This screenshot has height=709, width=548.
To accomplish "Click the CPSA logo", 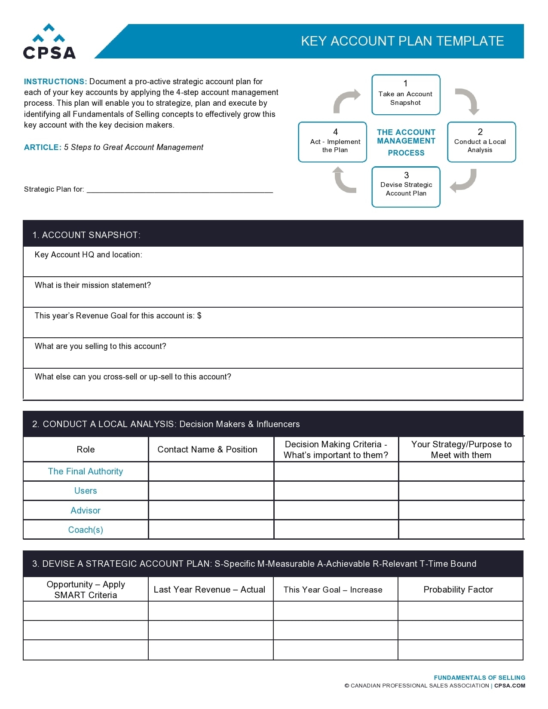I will pyautogui.click(x=49, y=42).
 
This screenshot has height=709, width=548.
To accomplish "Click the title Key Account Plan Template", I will pyautogui.click(x=402, y=41).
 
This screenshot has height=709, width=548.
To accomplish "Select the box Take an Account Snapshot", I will pyautogui.click(x=406, y=95).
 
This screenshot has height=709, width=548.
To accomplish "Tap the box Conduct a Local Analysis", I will pyautogui.click(x=481, y=142).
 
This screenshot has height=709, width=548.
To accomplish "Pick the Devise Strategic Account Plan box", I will pyautogui.click(x=406, y=187).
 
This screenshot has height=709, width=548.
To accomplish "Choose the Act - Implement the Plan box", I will pyautogui.click(x=332, y=142).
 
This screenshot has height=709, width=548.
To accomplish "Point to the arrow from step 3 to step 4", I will pyautogui.click(x=344, y=180).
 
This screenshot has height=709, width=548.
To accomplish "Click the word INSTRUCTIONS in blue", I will pyautogui.click(x=55, y=82).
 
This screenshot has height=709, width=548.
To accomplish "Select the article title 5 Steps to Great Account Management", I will pyautogui.click(x=134, y=147).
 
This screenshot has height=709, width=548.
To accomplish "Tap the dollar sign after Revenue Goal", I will pyautogui.click(x=199, y=316).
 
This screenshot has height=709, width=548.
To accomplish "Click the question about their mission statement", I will pyautogui.click(x=93, y=285).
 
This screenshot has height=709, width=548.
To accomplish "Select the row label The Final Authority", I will pyautogui.click(x=86, y=471).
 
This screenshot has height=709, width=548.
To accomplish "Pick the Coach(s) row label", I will pyautogui.click(x=86, y=530).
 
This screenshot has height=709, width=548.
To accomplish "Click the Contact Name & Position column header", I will pyautogui.click(x=207, y=449).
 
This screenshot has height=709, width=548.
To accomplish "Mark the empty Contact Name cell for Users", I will pyautogui.click(x=211, y=491).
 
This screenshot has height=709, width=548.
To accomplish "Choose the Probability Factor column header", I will pyautogui.click(x=458, y=590).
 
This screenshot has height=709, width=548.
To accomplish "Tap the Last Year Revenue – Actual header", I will pyautogui.click(x=209, y=590).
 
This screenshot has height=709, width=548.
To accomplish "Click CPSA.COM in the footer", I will pyautogui.click(x=510, y=686).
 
